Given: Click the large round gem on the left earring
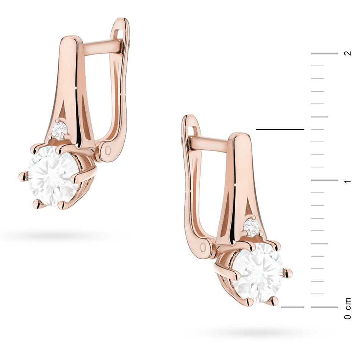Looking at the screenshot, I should tap(53, 176).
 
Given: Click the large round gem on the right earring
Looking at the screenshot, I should tap(258, 272).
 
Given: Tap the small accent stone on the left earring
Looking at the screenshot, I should tap(59, 130).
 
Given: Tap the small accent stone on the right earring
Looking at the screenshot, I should tap(251, 227).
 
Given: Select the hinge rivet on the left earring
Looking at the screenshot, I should tap(108, 151).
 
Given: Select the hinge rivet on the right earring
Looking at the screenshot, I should tap(205, 247).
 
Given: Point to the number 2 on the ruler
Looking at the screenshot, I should tap(347, 53).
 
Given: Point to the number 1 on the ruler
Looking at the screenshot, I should tap(347, 181).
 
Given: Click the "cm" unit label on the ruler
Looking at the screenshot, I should tap(347, 302).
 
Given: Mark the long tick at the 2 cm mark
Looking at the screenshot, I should tap(324, 53).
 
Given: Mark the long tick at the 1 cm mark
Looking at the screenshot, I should tap(324, 180).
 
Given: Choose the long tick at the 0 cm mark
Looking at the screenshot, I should tap(324, 307).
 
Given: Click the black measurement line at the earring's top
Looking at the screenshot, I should tap(280, 130).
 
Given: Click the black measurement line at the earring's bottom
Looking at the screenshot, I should tap(293, 307).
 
